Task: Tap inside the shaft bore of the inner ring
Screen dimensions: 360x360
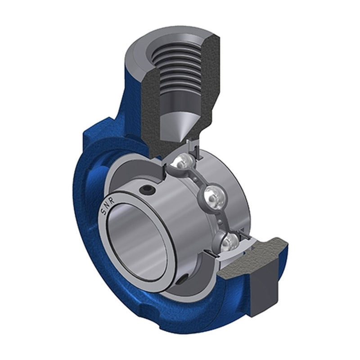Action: point(137,243)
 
